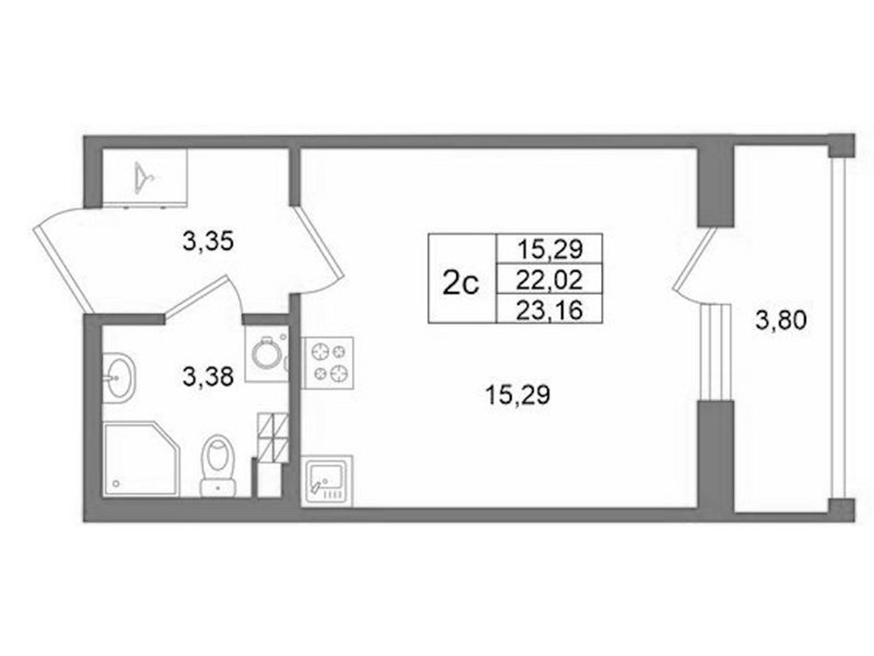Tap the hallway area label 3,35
208,242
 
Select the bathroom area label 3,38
208,377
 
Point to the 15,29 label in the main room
518,396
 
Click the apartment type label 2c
461,284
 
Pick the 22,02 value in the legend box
549,279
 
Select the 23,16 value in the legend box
549,310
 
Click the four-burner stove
328,363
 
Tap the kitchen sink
327,480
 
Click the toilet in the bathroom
218,465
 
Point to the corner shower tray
142,459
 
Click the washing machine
266,354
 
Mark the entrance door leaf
58,269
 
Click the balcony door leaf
694,260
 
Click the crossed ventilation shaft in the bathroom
273,438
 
